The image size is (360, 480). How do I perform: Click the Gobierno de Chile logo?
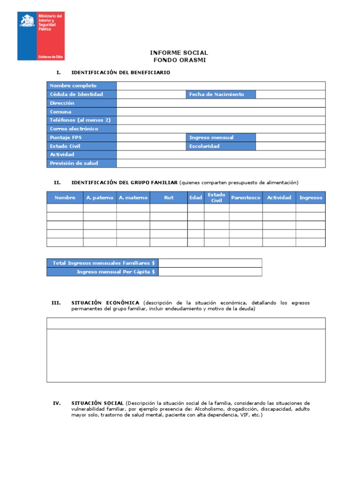pyautogui.click(x=41, y=36)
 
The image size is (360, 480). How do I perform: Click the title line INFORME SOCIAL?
pyautogui.click(x=179, y=53)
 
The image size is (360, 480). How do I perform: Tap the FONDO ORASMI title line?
pyautogui.click(x=179, y=60)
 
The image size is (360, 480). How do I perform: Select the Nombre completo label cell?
pyautogui.click(x=82, y=86)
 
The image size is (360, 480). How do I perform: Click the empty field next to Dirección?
pyautogui.click(x=221, y=103)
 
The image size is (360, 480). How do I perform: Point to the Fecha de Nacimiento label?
pyautogui.click(x=221, y=94)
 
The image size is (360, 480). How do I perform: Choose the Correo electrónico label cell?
pyautogui.click(x=82, y=129)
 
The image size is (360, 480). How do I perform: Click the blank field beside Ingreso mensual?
pyautogui.click(x=291, y=137)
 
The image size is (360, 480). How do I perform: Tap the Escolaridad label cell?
pyautogui.click(x=221, y=146)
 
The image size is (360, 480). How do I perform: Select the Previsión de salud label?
pyautogui.click(x=82, y=163)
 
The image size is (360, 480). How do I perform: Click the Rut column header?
pyautogui.click(x=169, y=198)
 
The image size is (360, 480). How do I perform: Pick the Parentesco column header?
pyautogui.click(x=246, y=198)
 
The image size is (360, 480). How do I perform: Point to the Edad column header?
pyautogui.click(x=195, y=198)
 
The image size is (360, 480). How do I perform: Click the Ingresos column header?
pyautogui.click(x=311, y=198)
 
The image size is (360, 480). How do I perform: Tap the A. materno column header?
pyautogui.click(x=133, y=198)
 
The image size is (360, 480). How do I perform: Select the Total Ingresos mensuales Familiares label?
pyautogui.click(x=103, y=263)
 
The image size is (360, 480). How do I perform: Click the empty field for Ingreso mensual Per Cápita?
pyautogui.click(x=210, y=272)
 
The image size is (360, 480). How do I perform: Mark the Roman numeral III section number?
pyautogui.click(x=56, y=303)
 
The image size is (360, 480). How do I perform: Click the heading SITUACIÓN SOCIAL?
pyautogui.click(x=97, y=403)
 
